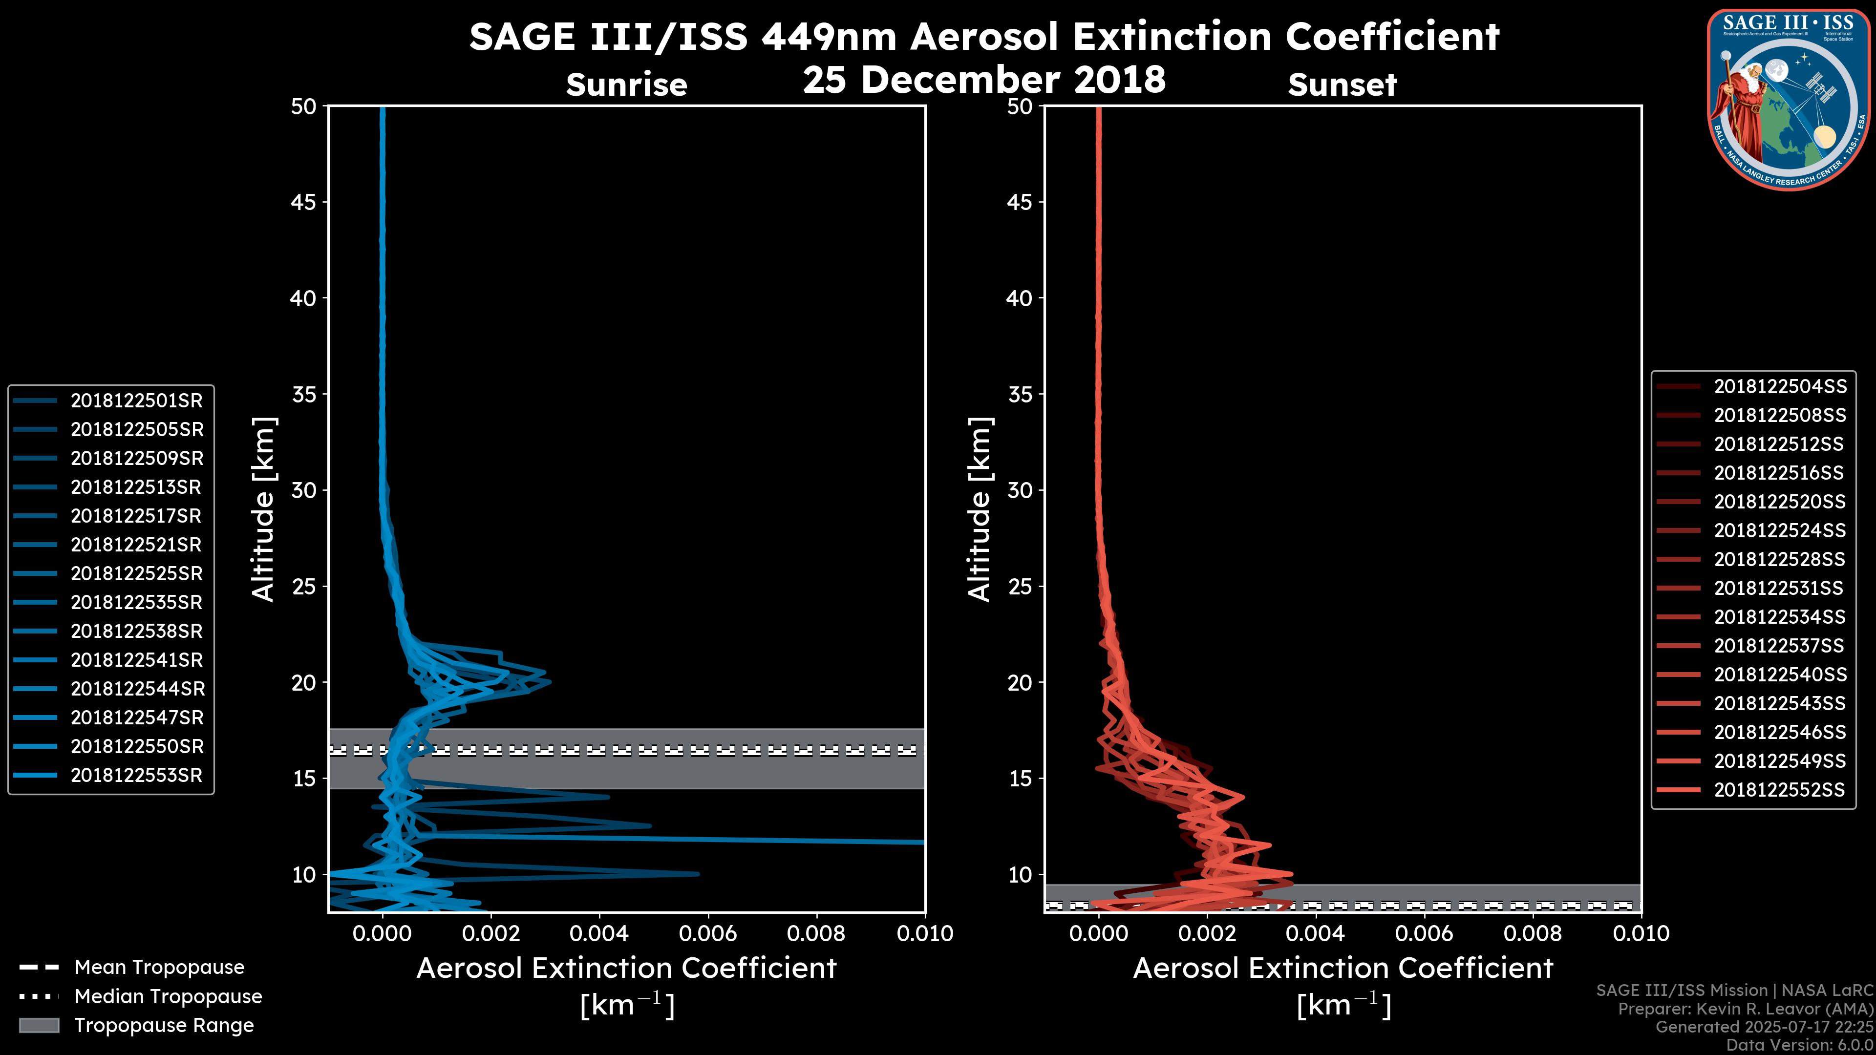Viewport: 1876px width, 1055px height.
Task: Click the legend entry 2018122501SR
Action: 136,401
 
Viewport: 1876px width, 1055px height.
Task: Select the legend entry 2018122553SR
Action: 136,776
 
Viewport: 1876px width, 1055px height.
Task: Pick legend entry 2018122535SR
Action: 136,603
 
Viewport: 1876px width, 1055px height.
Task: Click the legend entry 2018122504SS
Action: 1779,387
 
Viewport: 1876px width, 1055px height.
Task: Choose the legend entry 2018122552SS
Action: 1779,790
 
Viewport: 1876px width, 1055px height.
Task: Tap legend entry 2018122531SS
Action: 1779,588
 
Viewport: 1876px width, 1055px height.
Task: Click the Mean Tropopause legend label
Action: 159,968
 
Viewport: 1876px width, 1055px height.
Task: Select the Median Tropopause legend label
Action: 168,997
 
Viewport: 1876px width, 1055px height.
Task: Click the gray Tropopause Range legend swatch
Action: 39,1026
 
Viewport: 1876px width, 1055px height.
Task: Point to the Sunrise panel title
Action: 626,85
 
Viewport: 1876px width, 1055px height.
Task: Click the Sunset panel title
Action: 1342,85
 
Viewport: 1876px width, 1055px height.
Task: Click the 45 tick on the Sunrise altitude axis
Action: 304,202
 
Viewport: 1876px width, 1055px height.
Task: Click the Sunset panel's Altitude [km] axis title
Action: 980,509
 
